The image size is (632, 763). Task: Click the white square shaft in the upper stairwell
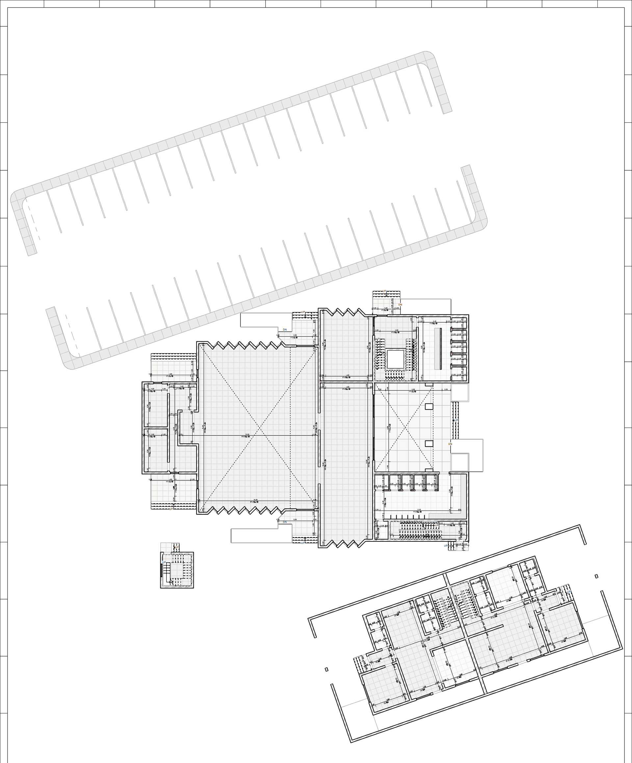coord(395,359)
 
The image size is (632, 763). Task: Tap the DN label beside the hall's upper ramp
coord(285,330)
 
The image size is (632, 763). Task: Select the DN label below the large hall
coord(285,522)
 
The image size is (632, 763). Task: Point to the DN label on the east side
coord(450,444)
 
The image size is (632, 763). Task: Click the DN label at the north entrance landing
coord(400,305)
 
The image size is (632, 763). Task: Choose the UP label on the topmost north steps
coord(384,291)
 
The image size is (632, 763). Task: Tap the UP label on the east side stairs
coord(456,420)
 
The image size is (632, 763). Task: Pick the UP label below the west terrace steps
coord(171,509)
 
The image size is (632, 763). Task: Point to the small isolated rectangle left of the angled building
coord(326,669)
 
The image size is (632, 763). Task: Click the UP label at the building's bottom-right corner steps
coord(445,546)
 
